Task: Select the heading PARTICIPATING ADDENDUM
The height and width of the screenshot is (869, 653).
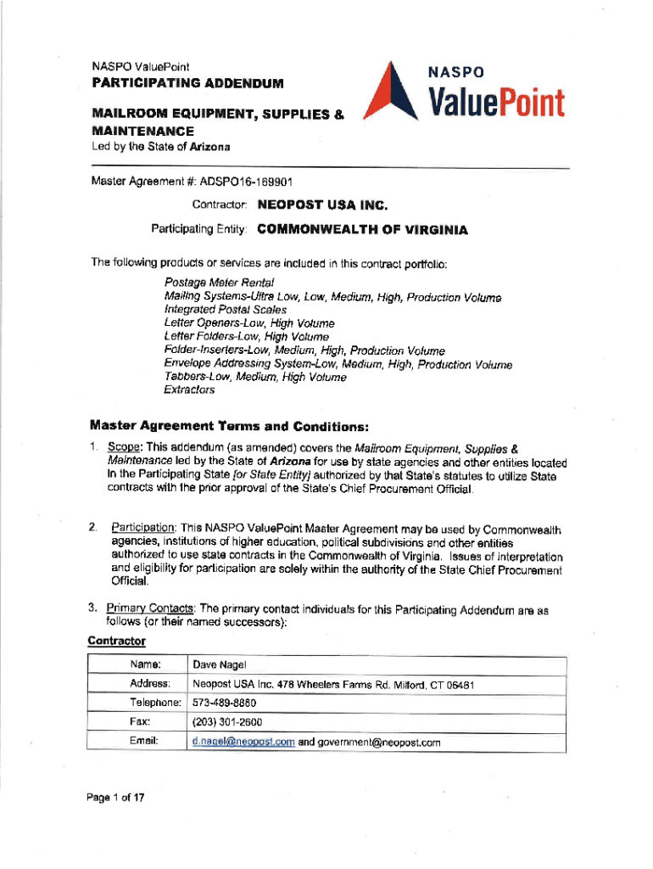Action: pyautogui.click(x=187, y=85)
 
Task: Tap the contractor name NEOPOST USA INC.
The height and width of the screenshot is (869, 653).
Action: pyautogui.click(x=322, y=205)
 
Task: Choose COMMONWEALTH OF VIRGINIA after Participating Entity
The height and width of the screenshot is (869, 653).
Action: pyautogui.click(x=362, y=229)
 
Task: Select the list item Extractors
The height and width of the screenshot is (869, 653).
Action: pyautogui.click(x=189, y=390)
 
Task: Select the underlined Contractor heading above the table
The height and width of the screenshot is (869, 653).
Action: pyautogui.click(x=117, y=641)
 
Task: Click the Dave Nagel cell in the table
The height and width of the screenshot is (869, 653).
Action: pyautogui.click(x=219, y=664)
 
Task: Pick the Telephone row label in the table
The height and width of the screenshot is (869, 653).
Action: pyautogui.click(x=155, y=703)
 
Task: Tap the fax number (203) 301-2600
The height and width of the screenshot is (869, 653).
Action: pyautogui.click(x=227, y=722)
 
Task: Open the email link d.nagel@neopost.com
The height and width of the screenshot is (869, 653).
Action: pyautogui.click(x=243, y=742)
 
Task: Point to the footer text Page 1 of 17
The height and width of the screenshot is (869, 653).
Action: pyautogui.click(x=119, y=798)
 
